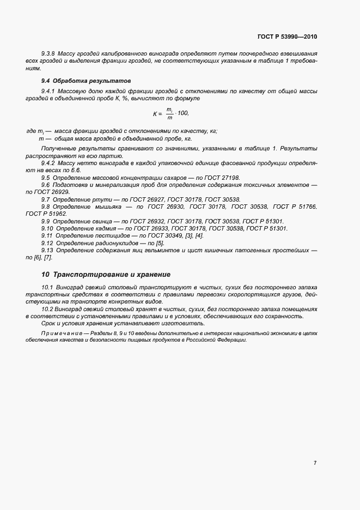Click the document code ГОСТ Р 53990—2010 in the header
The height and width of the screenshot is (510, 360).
[x=287, y=37]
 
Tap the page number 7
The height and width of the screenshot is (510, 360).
[x=315, y=463]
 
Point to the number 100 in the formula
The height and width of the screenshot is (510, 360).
[x=184, y=113]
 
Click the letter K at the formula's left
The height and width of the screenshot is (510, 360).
[x=155, y=113]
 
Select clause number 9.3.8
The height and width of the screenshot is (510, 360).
[x=49, y=53]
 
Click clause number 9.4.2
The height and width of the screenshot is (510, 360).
[x=49, y=163]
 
